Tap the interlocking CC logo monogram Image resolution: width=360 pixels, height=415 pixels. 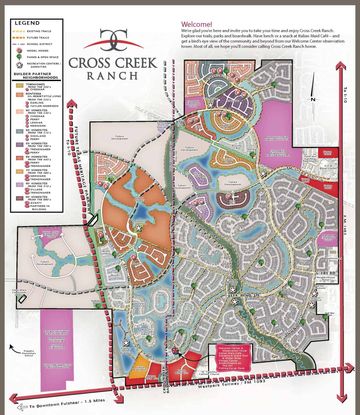123,40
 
